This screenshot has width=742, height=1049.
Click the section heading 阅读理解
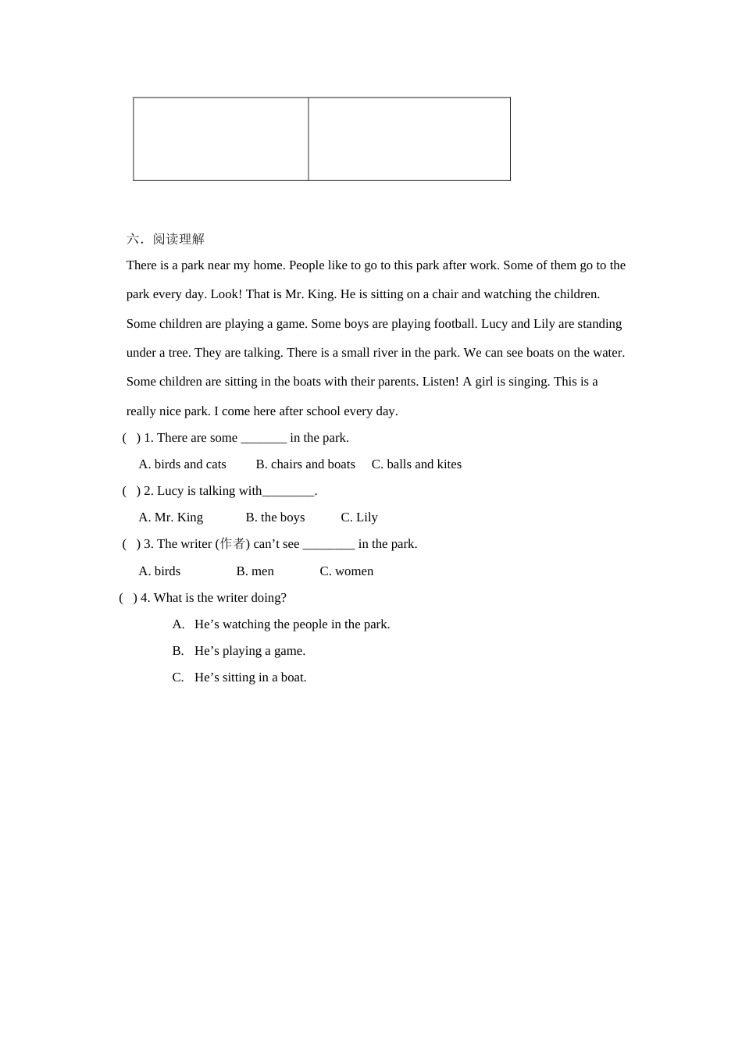(x=178, y=239)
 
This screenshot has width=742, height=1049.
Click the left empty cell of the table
(x=221, y=139)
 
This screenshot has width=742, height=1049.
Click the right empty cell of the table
(x=409, y=139)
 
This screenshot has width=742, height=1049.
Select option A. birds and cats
(x=182, y=464)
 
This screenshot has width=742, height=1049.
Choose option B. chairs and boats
(x=305, y=464)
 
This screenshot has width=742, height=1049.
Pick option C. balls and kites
(x=416, y=464)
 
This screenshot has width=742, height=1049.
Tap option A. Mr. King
(x=170, y=517)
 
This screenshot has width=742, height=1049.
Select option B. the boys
(x=275, y=517)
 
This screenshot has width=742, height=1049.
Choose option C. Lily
(x=359, y=517)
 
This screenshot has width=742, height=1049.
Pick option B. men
(x=255, y=571)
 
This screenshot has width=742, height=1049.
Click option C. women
(x=347, y=571)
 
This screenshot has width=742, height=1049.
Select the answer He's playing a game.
(x=249, y=651)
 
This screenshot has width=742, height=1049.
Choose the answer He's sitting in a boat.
(x=250, y=677)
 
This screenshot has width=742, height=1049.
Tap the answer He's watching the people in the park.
(x=291, y=624)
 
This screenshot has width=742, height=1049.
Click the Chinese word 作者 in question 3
(x=233, y=544)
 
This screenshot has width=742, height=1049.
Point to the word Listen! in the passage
(x=439, y=382)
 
